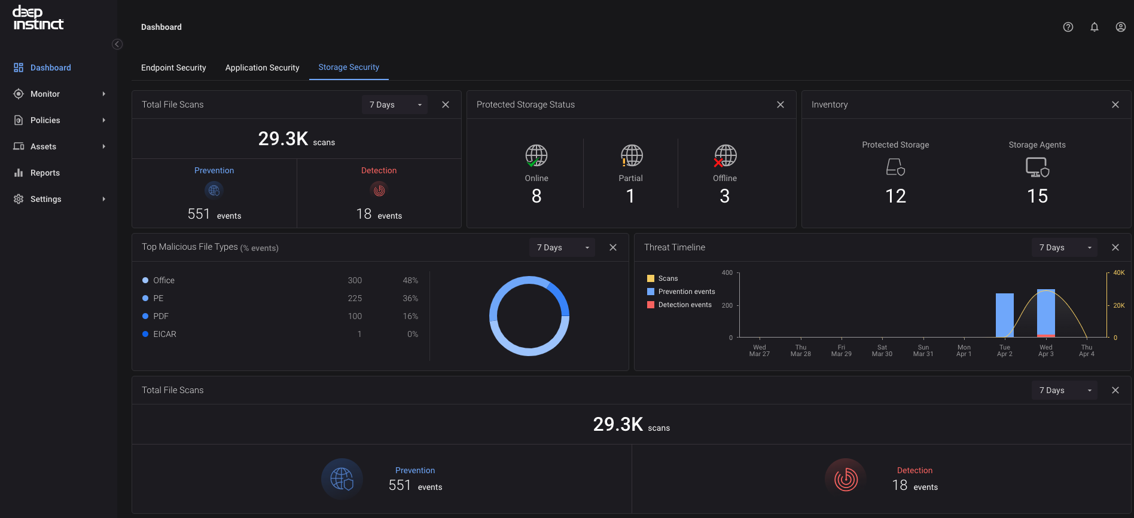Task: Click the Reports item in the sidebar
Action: (x=45, y=173)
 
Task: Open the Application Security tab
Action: (x=262, y=68)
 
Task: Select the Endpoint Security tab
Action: (x=173, y=68)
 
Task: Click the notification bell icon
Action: (x=1095, y=27)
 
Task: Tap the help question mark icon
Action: (x=1068, y=27)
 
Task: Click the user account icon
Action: (x=1121, y=27)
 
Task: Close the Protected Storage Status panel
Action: (x=781, y=105)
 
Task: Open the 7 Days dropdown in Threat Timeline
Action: (x=1065, y=247)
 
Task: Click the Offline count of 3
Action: (x=725, y=196)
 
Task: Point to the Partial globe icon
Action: (x=631, y=155)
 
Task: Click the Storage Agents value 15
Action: (x=1037, y=196)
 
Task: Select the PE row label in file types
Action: (x=158, y=298)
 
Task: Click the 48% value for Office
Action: (x=410, y=280)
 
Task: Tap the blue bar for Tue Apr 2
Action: (x=1005, y=315)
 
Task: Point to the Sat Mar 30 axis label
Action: (x=882, y=351)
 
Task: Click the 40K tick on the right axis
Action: (x=1119, y=272)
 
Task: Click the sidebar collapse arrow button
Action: (x=117, y=44)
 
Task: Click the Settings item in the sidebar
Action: (x=45, y=199)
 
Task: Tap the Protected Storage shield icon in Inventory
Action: (x=895, y=167)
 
